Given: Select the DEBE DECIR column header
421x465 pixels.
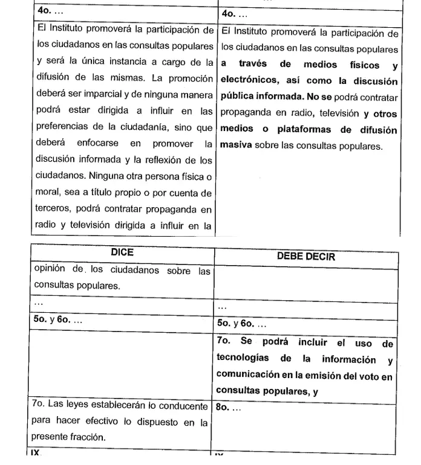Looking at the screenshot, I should click(306, 256).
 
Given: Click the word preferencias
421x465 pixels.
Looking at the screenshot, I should click(65, 128).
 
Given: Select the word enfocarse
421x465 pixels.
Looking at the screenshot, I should click(99, 144).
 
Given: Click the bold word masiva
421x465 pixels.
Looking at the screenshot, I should click(235, 146).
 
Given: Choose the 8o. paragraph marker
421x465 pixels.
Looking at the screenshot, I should click(224, 408).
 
